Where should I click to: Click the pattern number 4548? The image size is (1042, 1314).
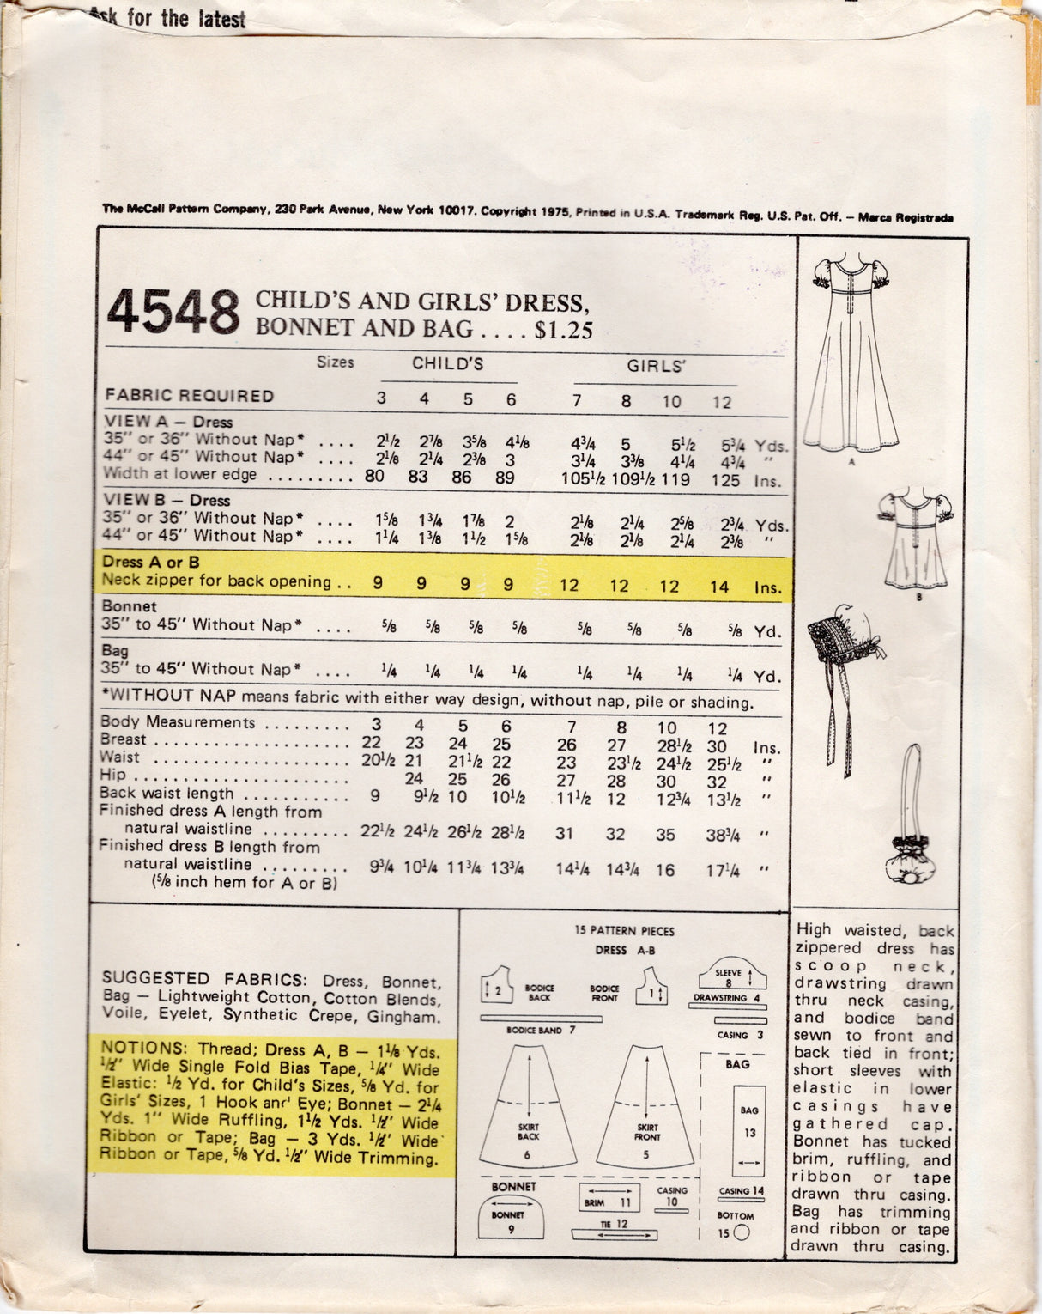pyautogui.click(x=173, y=312)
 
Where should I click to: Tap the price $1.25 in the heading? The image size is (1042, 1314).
pyautogui.click(x=563, y=331)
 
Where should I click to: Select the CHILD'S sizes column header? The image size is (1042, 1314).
pyautogui.click(x=447, y=364)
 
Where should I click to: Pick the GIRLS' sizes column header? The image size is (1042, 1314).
pyautogui.click(x=656, y=367)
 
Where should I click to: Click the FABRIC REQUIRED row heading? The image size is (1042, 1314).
pyautogui.click(x=190, y=396)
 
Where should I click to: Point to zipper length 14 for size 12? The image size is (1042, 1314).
pyautogui.click(x=719, y=587)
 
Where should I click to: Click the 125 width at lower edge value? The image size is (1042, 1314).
pyautogui.click(x=725, y=480)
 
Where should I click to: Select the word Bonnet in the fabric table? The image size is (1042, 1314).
pyautogui.click(x=130, y=606)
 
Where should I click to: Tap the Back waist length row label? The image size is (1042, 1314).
pyautogui.click(x=167, y=794)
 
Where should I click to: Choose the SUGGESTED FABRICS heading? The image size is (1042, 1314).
pyautogui.click(x=203, y=979)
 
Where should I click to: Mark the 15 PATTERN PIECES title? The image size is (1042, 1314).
pyautogui.click(x=624, y=931)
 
